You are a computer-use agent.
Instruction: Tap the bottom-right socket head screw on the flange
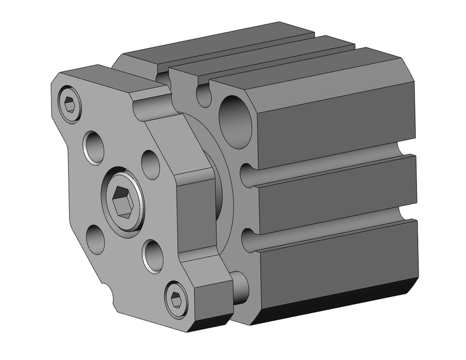click(x=176, y=298)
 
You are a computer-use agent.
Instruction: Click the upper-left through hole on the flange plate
click(x=95, y=147)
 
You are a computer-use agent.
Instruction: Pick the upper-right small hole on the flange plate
click(x=151, y=164)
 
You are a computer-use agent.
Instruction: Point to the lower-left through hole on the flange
click(x=96, y=239)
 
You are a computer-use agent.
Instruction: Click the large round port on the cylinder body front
click(x=235, y=122)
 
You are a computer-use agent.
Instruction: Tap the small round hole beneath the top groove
click(x=204, y=94)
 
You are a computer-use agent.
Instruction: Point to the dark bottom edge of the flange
click(x=210, y=322)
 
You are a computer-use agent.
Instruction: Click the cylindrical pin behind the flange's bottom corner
click(x=240, y=288)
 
